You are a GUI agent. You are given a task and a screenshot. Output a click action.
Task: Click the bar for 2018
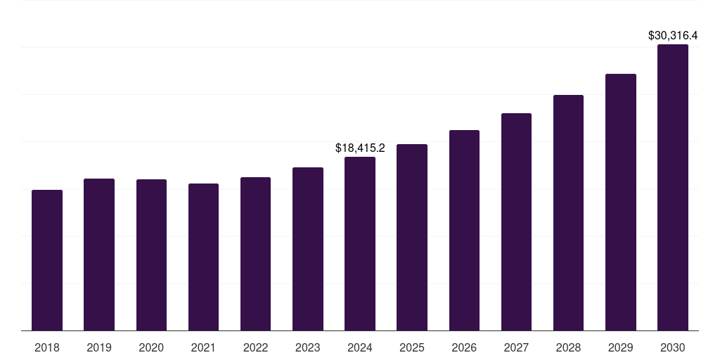point(47,260)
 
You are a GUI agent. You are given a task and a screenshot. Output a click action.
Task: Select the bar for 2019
point(99,255)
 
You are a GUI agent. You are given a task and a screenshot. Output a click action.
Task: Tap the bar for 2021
point(203,257)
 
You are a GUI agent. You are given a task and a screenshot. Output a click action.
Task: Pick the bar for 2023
point(308,249)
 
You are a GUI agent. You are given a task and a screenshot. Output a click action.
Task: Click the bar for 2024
point(360,244)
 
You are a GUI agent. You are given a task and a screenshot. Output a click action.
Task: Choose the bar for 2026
point(464,231)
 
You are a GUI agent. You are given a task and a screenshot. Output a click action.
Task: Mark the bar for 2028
point(568,213)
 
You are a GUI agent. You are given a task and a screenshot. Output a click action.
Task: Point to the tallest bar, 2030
point(673,188)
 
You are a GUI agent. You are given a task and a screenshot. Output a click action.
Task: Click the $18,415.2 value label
point(360,148)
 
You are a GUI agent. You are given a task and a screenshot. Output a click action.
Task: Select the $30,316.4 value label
point(673,35)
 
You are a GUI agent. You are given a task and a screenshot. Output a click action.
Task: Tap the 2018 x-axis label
point(47,347)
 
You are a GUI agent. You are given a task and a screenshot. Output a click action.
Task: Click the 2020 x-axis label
point(151,347)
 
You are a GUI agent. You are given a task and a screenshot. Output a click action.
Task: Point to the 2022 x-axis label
point(255,347)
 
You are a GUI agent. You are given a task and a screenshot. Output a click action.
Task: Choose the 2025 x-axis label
point(412,347)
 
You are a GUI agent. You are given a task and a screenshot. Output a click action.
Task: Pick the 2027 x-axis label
point(516,347)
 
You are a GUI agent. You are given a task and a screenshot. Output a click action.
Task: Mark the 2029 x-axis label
point(620,347)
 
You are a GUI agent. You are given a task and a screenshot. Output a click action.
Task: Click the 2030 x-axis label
point(673,347)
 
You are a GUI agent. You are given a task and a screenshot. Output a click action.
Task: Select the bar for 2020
point(151,255)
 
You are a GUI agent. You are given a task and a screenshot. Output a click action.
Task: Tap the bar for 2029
point(620,202)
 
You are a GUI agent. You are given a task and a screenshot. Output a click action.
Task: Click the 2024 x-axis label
point(360,347)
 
